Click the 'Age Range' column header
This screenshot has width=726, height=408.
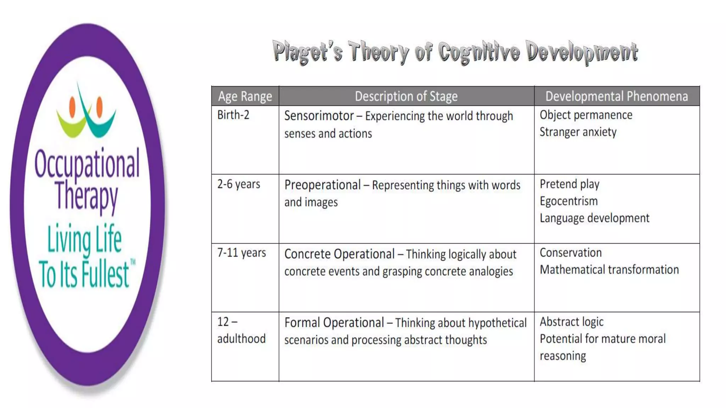click(245, 96)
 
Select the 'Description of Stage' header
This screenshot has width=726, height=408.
click(406, 96)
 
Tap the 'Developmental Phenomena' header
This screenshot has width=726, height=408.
click(616, 96)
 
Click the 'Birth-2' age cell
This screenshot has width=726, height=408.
click(233, 115)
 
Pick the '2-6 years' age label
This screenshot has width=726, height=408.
click(239, 184)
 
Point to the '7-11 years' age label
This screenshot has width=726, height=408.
click(241, 253)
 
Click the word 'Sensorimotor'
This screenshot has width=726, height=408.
click(319, 116)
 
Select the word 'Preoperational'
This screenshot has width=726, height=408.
click(323, 185)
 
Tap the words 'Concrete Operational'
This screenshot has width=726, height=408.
click(339, 254)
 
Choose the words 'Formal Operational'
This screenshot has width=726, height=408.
click(334, 323)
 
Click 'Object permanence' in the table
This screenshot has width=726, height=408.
click(586, 115)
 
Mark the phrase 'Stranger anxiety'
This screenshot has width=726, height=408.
click(578, 132)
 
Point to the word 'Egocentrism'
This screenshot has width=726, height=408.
click(569, 201)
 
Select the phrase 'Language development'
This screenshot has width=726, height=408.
click(594, 218)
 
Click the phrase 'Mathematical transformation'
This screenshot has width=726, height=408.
click(609, 270)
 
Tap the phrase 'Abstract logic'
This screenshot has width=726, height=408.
click(571, 322)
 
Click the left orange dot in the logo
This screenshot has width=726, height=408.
click(72, 107)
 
